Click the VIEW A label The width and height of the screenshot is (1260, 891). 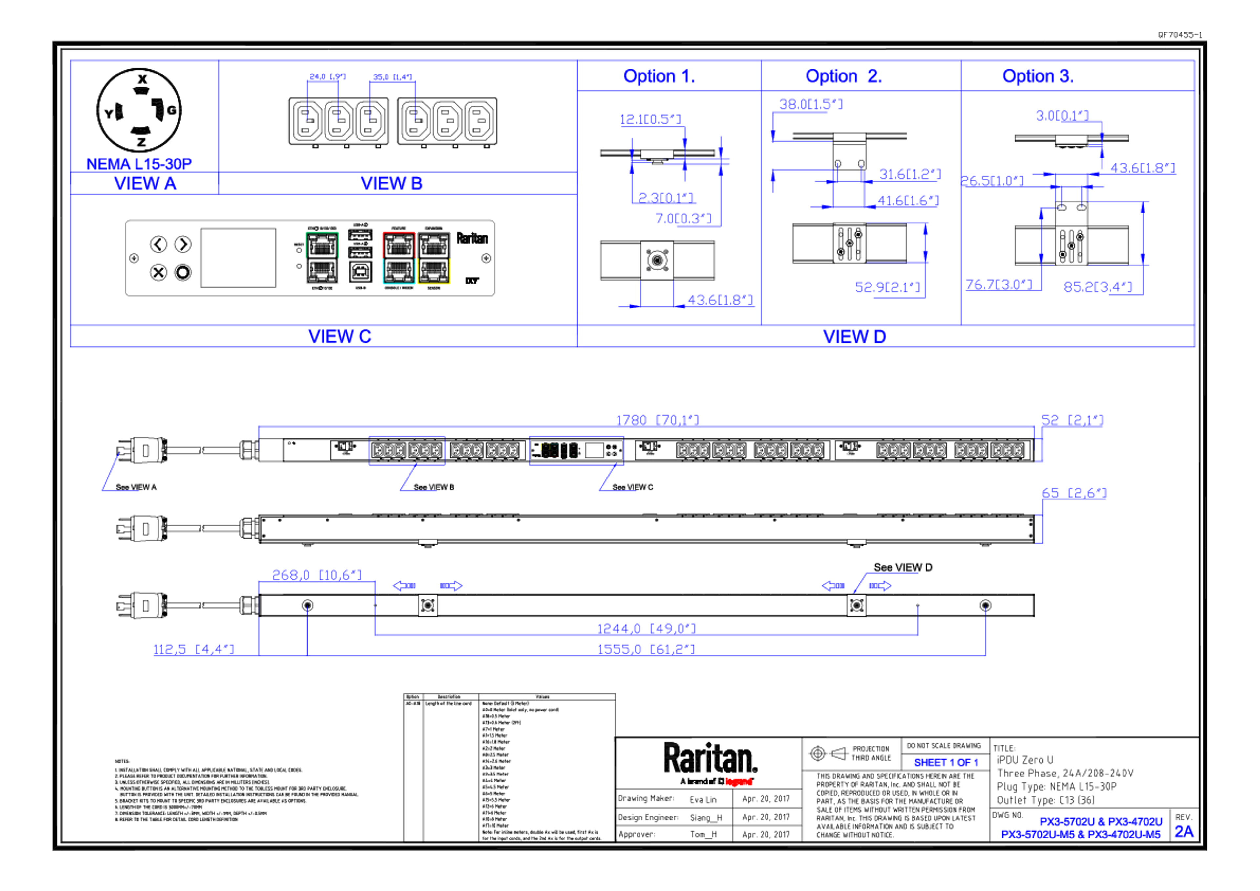tap(145, 182)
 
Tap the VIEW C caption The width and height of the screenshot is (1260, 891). tap(340, 336)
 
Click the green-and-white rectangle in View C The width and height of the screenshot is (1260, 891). tap(322, 258)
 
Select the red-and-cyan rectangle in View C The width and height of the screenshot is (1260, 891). tap(398, 258)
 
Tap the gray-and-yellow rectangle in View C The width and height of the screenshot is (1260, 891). tap(434, 258)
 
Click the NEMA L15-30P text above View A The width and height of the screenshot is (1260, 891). tap(139, 162)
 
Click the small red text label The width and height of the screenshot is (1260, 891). tap(739, 782)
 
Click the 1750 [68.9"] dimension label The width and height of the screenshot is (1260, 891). tap(657, 420)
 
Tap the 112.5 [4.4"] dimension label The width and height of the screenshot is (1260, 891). tap(193, 649)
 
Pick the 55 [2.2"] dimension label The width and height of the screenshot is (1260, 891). tap(1072, 420)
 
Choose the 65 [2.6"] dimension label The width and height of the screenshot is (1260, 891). tap(1074, 493)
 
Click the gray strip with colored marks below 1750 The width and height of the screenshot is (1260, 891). tap(576, 450)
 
